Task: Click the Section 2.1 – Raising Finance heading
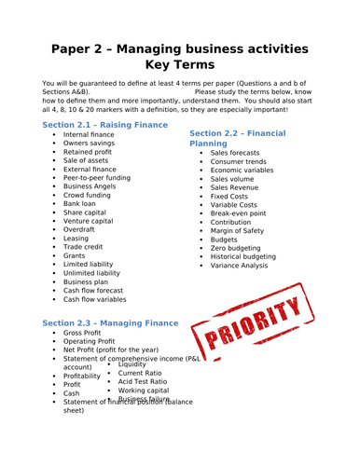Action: pos(110,123)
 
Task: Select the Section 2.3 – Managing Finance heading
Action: pos(110,322)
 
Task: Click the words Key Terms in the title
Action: pos(181,65)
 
